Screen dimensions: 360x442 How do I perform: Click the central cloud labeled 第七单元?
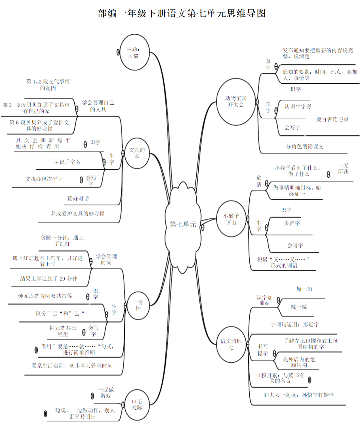point(183,224)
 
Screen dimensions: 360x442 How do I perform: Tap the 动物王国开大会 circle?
point(236,102)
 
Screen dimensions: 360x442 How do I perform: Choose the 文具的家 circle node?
point(137,153)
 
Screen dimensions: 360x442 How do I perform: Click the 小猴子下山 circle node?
point(231,219)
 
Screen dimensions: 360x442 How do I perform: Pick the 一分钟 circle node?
point(138,305)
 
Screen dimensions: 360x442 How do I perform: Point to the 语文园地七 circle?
point(231,344)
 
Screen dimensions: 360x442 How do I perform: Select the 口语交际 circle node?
point(137,405)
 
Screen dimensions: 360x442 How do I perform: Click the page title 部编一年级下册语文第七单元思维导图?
point(182,13)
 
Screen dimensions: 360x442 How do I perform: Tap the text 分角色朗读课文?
point(305,146)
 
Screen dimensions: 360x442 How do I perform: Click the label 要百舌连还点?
point(332,119)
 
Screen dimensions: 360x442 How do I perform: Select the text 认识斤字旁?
point(67,162)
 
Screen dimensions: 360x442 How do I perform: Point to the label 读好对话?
point(78,198)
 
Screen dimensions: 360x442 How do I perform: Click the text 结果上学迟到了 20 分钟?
point(49,279)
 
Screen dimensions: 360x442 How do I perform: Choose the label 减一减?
point(298,307)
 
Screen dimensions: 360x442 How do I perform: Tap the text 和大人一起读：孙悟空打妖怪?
point(299,395)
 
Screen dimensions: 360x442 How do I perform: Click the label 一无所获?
point(343,168)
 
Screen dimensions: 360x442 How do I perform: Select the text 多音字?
point(292,223)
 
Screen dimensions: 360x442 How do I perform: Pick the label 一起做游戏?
point(106,393)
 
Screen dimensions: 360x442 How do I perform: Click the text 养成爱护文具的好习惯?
point(78,213)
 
